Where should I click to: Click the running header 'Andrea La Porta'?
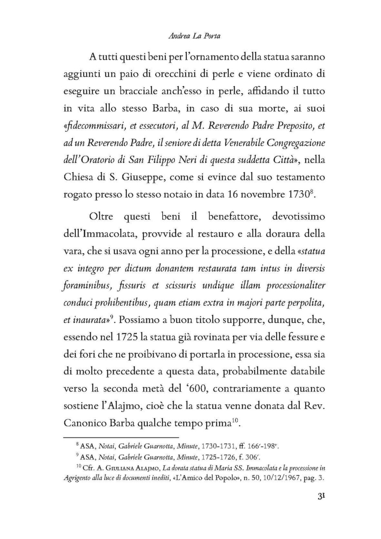[x=194, y=36]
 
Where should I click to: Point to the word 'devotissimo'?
[x=298, y=217]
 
